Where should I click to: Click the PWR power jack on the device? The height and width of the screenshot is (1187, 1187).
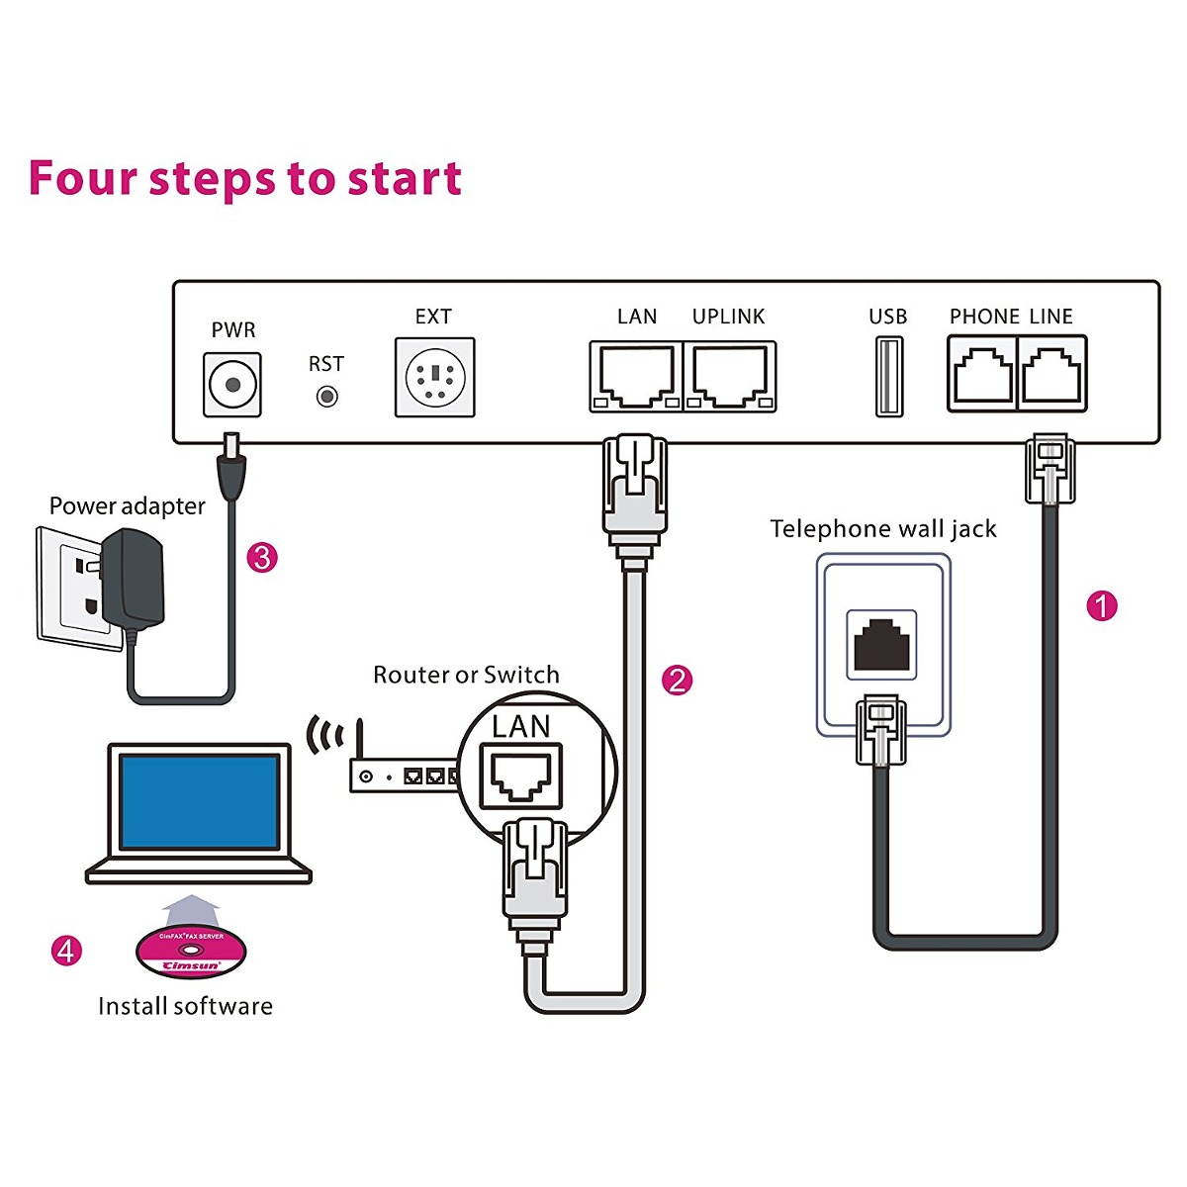(232, 384)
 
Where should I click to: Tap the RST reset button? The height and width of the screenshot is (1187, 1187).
(326, 397)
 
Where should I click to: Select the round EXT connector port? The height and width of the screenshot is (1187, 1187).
(434, 377)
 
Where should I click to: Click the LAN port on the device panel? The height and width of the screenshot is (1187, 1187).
(635, 376)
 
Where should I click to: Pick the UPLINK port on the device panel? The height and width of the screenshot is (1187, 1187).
(730, 376)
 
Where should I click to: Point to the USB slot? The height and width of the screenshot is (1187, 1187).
(888, 376)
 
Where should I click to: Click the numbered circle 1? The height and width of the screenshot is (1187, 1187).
(1101, 605)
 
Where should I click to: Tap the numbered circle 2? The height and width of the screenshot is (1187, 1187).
(677, 680)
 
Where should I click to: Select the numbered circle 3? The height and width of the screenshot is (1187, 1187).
(261, 557)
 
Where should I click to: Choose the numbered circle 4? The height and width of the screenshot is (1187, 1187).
(66, 951)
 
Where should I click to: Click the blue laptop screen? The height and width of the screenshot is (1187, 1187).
(199, 800)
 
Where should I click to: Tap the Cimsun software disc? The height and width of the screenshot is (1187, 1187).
(191, 953)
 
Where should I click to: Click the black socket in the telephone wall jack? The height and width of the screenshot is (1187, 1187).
(881, 644)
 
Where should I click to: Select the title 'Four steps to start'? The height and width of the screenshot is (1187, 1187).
(244, 178)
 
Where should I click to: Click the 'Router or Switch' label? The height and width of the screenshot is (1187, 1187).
(466, 675)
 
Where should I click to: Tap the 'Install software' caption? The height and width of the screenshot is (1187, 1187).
(185, 1006)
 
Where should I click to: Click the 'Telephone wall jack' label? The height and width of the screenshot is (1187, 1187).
(883, 529)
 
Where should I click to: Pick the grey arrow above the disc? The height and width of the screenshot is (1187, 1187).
(190, 908)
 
